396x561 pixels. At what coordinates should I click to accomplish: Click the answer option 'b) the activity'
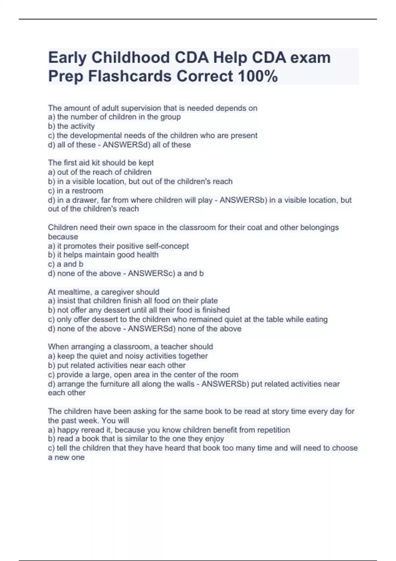(x=71, y=126)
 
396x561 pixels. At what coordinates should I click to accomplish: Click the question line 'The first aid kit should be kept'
(x=101, y=163)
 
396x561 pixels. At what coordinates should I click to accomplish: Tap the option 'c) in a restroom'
(x=76, y=191)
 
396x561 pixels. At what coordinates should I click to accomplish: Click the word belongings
(x=319, y=227)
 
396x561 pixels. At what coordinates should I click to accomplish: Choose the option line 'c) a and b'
(x=66, y=264)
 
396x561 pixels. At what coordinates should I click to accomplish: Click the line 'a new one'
(x=66, y=457)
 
